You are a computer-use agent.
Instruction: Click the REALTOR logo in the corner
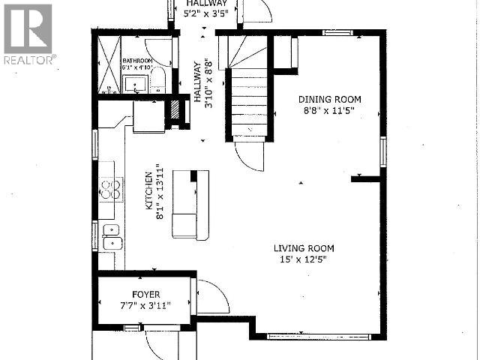(x=28, y=34)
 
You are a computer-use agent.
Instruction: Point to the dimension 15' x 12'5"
(x=304, y=260)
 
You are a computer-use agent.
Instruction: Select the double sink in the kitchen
(x=111, y=236)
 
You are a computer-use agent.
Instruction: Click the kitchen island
(x=190, y=205)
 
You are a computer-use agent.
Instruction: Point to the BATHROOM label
(x=138, y=61)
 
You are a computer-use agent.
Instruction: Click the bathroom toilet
(x=160, y=83)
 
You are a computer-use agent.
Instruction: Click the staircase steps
(x=247, y=94)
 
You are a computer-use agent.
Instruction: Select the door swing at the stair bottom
(x=250, y=156)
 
